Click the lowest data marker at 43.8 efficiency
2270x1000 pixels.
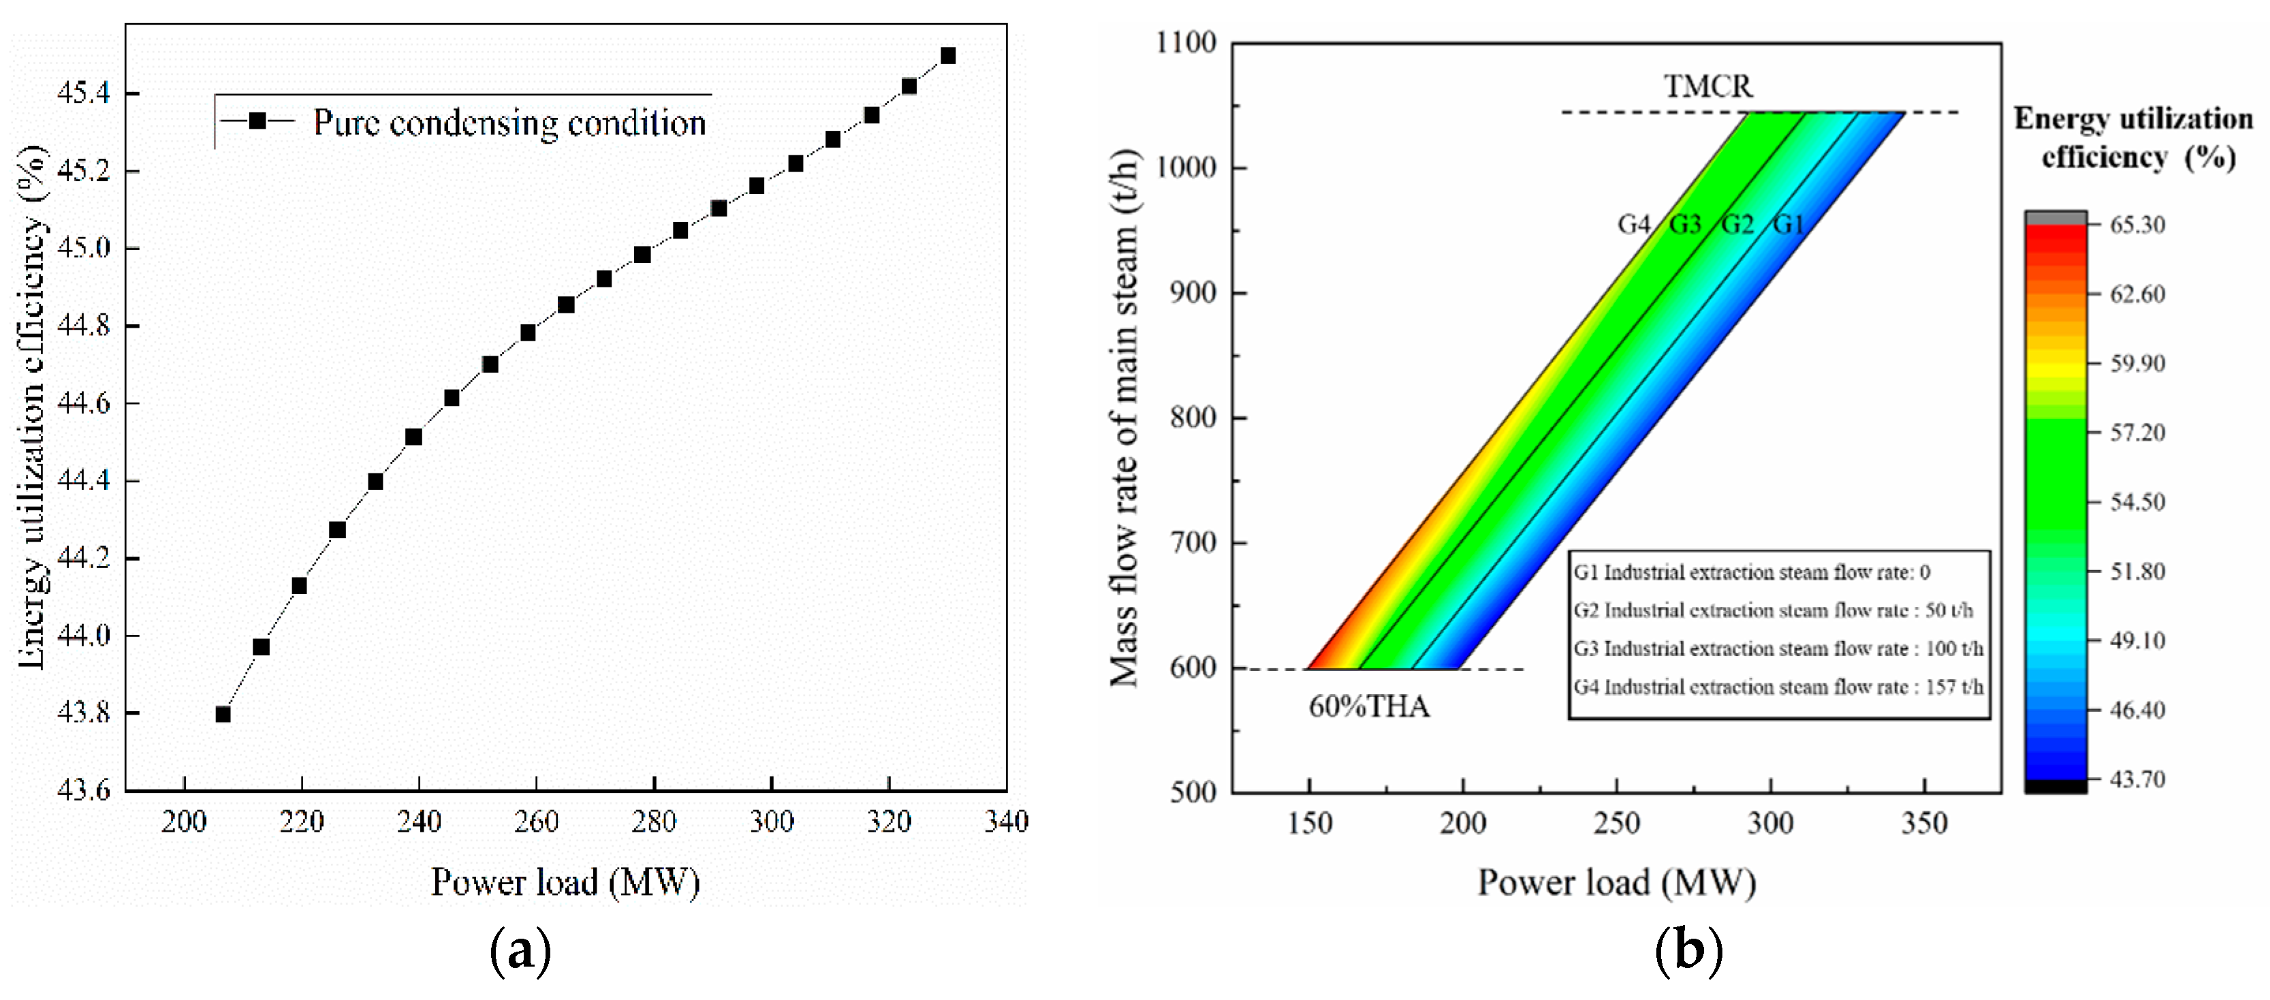click(223, 714)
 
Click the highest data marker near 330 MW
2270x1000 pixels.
click(948, 55)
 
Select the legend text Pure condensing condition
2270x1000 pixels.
click(509, 123)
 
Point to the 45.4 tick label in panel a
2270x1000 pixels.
click(84, 93)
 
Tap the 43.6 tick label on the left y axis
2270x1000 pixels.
click(84, 790)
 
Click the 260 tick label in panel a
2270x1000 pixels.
click(536, 822)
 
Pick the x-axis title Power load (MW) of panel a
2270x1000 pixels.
click(565, 882)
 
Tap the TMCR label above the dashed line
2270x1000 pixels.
click(1708, 87)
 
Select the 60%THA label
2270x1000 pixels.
click(1368, 706)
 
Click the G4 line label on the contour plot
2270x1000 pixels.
click(1633, 225)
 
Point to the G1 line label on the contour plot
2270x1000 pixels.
click(1788, 225)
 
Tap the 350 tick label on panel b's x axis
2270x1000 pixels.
click(1924, 824)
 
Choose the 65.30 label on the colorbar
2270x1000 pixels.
click(2137, 225)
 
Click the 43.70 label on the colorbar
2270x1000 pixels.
click(2137, 779)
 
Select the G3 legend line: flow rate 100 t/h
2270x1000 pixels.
click(1778, 649)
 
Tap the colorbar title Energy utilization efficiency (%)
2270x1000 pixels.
click(2132, 138)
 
